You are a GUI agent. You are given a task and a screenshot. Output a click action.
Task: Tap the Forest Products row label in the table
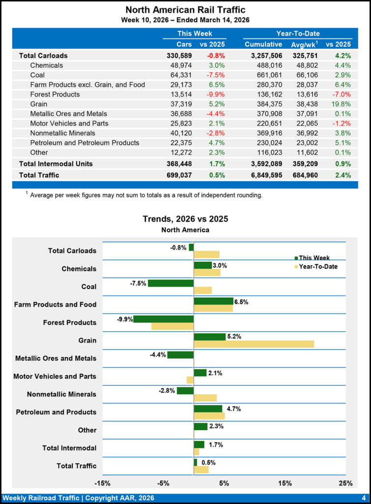pos(55,94)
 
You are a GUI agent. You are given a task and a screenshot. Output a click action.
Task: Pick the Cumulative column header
pos(263,44)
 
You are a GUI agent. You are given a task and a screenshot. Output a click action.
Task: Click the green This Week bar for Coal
pos(171,283)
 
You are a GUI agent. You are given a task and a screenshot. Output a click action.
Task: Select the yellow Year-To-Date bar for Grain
pos(254,344)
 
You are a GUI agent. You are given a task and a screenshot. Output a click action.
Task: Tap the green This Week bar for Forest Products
pos(163,319)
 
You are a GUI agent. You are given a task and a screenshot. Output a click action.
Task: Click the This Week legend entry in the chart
pos(314,257)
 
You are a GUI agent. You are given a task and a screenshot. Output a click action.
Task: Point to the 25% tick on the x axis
pos(345,483)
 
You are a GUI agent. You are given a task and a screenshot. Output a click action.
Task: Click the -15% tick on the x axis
pos(102,483)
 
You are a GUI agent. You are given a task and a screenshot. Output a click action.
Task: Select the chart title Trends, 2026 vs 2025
pos(185,219)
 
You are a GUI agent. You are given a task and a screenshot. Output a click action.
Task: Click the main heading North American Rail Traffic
pos(185,10)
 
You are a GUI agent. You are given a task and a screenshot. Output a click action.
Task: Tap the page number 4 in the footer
pos(363,498)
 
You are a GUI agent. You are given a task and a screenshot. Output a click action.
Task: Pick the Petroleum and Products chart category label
pos(56,412)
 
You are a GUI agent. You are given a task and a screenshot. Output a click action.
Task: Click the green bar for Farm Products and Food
pos(213,301)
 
